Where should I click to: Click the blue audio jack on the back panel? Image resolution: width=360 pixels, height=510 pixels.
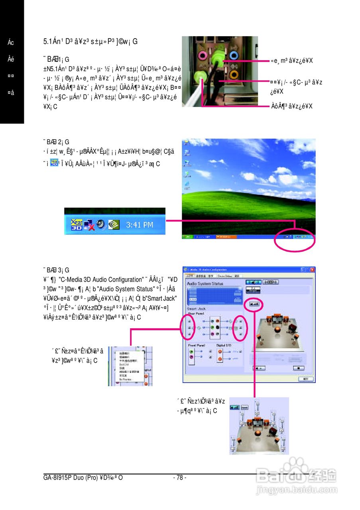[x=234, y=55]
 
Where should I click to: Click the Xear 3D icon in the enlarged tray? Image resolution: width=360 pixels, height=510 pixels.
[x=77, y=224]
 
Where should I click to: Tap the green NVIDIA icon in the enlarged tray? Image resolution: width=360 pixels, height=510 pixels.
[x=114, y=224]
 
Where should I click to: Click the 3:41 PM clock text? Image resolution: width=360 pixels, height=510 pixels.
[x=140, y=225]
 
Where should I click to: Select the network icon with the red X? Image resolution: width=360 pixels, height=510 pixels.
[x=89, y=225]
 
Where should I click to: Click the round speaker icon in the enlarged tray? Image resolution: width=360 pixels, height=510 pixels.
[x=101, y=224]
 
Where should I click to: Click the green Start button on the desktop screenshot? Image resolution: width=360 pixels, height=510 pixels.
[x=188, y=237]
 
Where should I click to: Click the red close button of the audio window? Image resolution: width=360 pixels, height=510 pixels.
[x=312, y=270]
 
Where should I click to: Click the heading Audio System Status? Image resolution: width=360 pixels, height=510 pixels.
[x=205, y=283]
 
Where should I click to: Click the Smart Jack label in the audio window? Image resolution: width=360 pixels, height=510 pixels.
[x=196, y=309]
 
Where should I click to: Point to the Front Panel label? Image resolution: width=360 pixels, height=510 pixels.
[x=197, y=345]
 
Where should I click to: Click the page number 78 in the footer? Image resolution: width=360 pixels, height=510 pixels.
[x=180, y=477]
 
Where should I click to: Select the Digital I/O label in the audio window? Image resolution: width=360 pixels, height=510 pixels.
[x=224, y=345]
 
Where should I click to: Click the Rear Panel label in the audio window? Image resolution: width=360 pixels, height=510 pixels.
[x=196, y=314]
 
